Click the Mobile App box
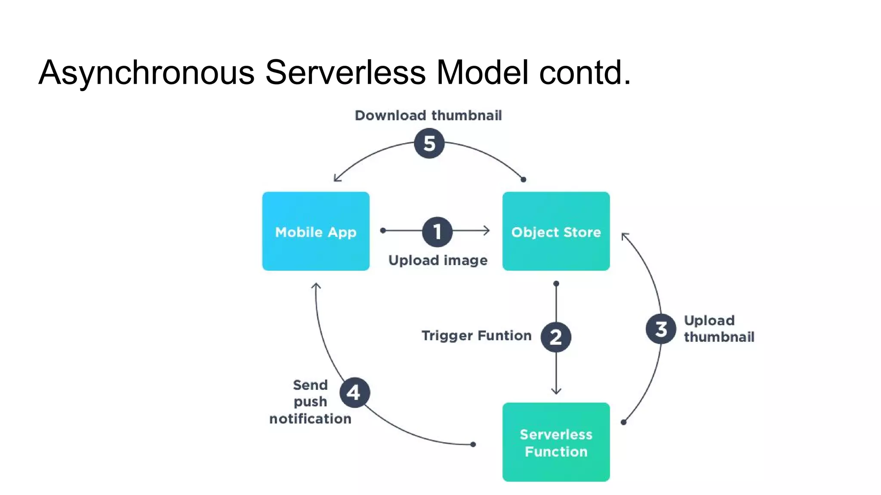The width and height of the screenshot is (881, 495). click(316, 231)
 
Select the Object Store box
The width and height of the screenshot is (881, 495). click(556, 231)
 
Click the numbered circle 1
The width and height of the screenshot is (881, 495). click(437, 232)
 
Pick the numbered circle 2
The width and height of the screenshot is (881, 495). click(556, 337)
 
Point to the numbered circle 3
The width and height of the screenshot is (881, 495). click(661, 329)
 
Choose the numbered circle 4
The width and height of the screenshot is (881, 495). click(354, 392)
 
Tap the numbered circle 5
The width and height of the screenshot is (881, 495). click(429, 144)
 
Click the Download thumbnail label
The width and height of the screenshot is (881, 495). click(428, 116)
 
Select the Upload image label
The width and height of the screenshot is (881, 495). click(437, 260)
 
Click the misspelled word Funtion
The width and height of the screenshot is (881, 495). click(504, 336)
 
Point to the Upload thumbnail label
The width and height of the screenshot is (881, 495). click(718, 329)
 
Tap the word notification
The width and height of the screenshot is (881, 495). click(310, 419)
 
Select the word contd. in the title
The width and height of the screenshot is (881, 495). click(585, 72)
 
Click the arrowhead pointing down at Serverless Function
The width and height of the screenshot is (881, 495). click(556, 391)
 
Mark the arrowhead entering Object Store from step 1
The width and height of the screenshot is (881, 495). click(487, 231)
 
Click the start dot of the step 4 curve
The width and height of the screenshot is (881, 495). click(473, 444)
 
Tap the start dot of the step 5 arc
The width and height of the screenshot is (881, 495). click(523, 180)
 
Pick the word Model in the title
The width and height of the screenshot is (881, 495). click(482, 72)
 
